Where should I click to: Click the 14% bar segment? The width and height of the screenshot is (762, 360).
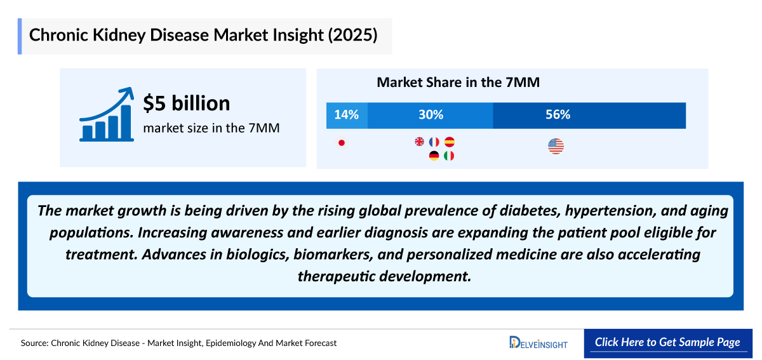pos(347,115)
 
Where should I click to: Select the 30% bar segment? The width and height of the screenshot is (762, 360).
pos(430,115)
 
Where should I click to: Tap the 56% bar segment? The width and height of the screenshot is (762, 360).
pos(589,115)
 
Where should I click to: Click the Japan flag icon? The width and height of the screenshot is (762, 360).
pos(342,142)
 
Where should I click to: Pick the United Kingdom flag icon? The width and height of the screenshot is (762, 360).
pos(419,142)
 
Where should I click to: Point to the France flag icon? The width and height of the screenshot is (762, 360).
pos(434,142)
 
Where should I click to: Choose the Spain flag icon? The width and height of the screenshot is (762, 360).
pos(450,142)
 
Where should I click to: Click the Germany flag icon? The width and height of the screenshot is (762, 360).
pos(434,156)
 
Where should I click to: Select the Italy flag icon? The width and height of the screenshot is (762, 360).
pos(449,156)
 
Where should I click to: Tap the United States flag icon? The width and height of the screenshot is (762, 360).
pos(556,147)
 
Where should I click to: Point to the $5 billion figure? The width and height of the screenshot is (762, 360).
pos(186,103)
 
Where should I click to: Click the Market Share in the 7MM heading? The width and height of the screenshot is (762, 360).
pos(458,83)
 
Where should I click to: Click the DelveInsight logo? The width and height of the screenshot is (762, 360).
pos(538,343)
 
